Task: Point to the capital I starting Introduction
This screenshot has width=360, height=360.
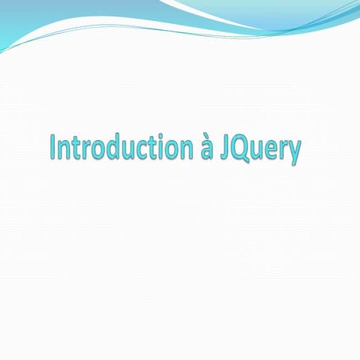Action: pyautogui.click(x=52, y=147)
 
